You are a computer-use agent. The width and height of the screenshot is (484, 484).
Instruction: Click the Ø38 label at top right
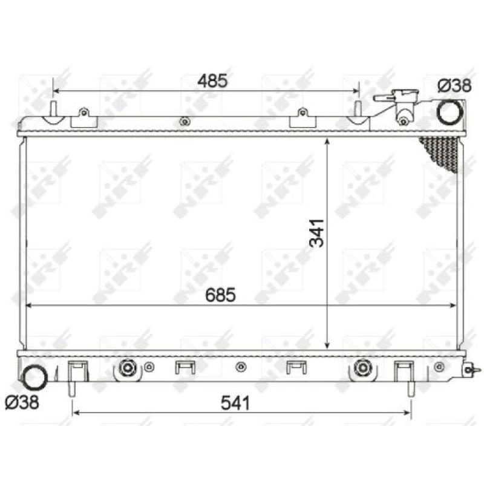coord(454,86)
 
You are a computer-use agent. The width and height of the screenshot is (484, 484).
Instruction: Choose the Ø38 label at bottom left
coord(22,401)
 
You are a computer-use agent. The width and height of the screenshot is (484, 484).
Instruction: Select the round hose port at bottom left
coord(34,377)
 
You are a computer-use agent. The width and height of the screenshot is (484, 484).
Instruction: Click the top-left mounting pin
coord(53,110)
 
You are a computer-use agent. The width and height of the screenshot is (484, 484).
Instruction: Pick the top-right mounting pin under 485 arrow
coord(358,110)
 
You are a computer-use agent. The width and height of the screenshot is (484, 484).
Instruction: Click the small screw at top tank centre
coord(184,122)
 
